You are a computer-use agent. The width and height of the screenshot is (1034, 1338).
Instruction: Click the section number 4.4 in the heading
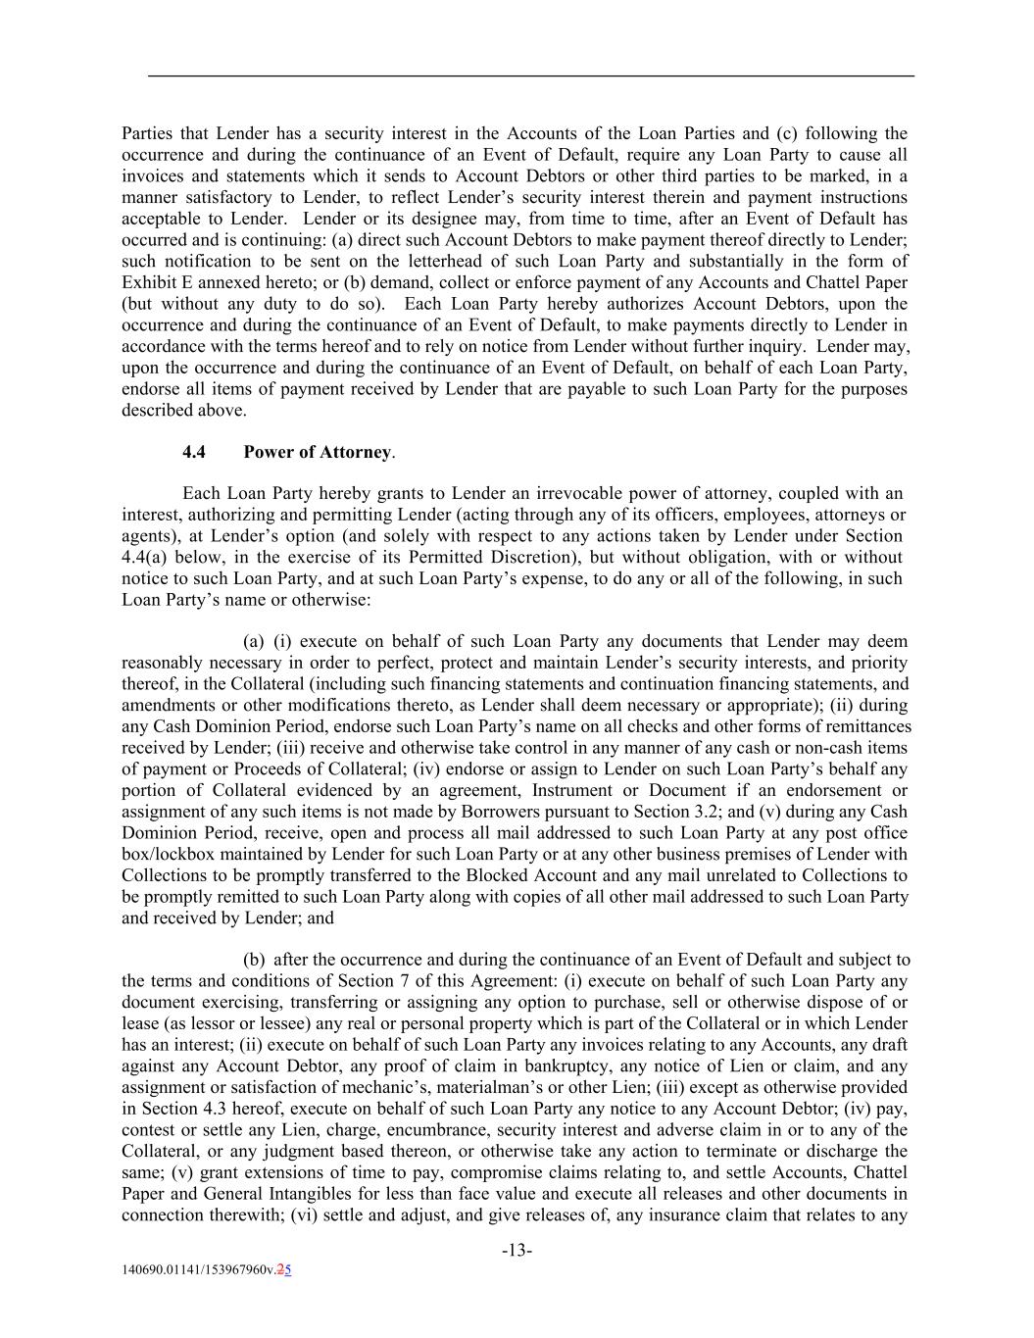click(193, 452)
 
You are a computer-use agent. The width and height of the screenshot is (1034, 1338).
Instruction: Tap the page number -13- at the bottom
click(517, 1250)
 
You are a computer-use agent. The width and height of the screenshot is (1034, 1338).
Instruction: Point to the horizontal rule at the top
click(530, 75)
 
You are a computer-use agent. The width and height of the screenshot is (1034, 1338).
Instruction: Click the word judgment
click(264, 1152)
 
